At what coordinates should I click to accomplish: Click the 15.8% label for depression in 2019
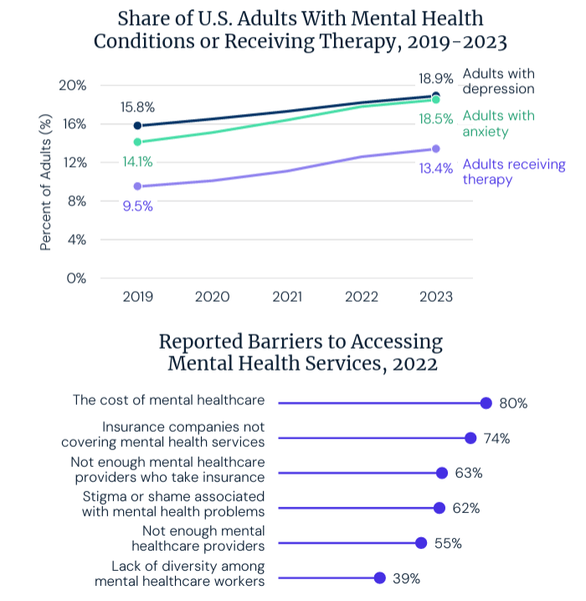pos(137,107)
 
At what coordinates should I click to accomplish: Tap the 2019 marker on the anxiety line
pos(137,142)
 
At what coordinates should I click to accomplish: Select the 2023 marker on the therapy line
pos(436,149)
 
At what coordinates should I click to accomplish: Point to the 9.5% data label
pos(137,206)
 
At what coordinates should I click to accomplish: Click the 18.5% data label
pos(437,120)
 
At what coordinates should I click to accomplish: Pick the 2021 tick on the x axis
pos(287,297)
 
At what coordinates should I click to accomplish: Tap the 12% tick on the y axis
pos(75,163)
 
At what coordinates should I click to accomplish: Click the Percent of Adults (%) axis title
pos(47,182)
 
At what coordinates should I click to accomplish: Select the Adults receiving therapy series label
pos(513,172)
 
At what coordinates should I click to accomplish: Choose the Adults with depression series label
pos(498,81)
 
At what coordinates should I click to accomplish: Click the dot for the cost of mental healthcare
pos(486,403)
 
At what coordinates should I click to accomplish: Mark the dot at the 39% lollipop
pos(379,578)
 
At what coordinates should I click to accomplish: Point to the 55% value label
pos(448,543)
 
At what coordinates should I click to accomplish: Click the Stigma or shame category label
pos(173,503)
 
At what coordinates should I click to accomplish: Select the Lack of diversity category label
pos(180,573)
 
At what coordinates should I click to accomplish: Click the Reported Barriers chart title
pos(301,353)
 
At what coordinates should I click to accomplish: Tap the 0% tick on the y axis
pos(77,278)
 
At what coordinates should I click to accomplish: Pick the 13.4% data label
pos(437,168)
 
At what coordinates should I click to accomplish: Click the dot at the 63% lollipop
pos(442,473)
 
